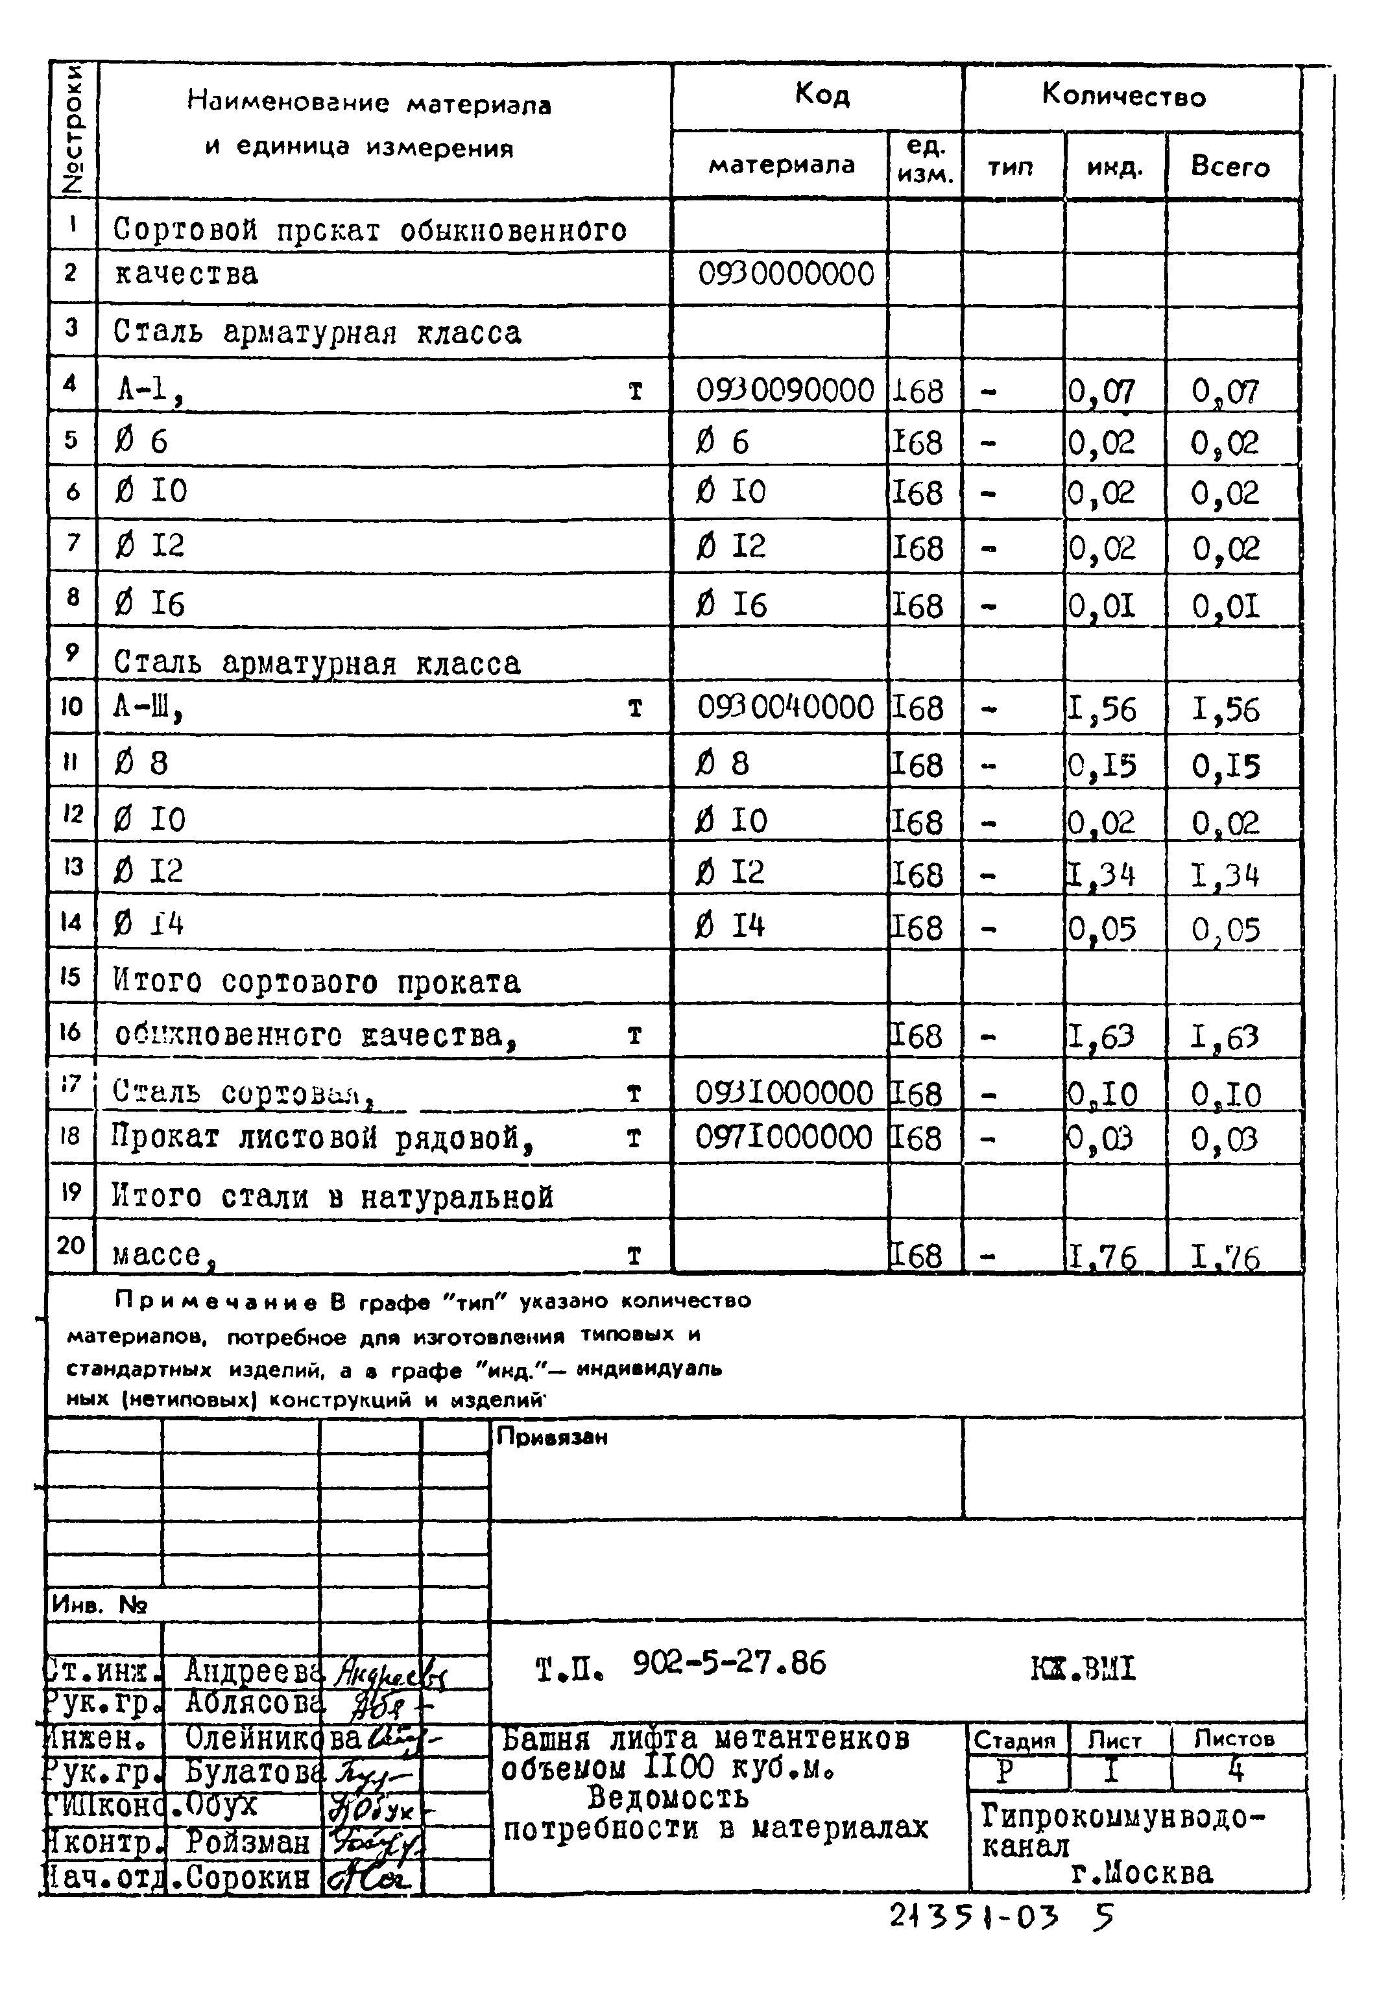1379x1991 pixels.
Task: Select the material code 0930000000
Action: point(785,275)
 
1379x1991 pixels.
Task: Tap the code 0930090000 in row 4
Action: point(785,390)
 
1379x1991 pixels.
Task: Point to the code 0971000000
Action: point(784,1137)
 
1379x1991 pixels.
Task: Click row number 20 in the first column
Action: point(71,1245)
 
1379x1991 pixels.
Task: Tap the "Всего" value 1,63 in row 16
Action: point(1225,1036)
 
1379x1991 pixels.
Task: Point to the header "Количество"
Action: point(1123,95)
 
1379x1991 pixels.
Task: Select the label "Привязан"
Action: point(552,1437)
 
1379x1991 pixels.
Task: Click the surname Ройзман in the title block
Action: point(247,1842)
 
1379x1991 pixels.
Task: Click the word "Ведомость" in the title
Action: point(667,1798)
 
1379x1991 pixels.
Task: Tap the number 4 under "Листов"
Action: point(1236,1770)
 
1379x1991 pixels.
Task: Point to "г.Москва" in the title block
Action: point(1140,1873)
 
